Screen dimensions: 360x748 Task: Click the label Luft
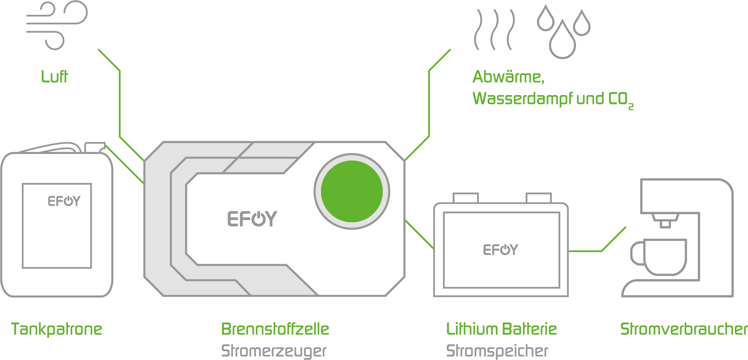55,77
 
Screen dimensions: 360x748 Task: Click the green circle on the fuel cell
352,191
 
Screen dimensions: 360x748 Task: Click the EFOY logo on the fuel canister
64,201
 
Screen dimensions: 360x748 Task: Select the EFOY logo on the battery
500,250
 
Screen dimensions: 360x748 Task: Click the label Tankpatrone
57,329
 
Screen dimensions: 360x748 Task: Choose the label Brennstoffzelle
275,329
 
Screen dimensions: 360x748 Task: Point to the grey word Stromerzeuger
273,351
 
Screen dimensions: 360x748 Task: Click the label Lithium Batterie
501,329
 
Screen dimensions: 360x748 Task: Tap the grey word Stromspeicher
497,351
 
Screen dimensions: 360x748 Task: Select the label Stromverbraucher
683,329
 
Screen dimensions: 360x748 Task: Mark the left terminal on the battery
466,198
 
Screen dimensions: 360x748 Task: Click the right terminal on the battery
538,198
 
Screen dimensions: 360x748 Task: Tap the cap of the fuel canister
95,147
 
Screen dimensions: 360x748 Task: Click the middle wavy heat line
494,30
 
